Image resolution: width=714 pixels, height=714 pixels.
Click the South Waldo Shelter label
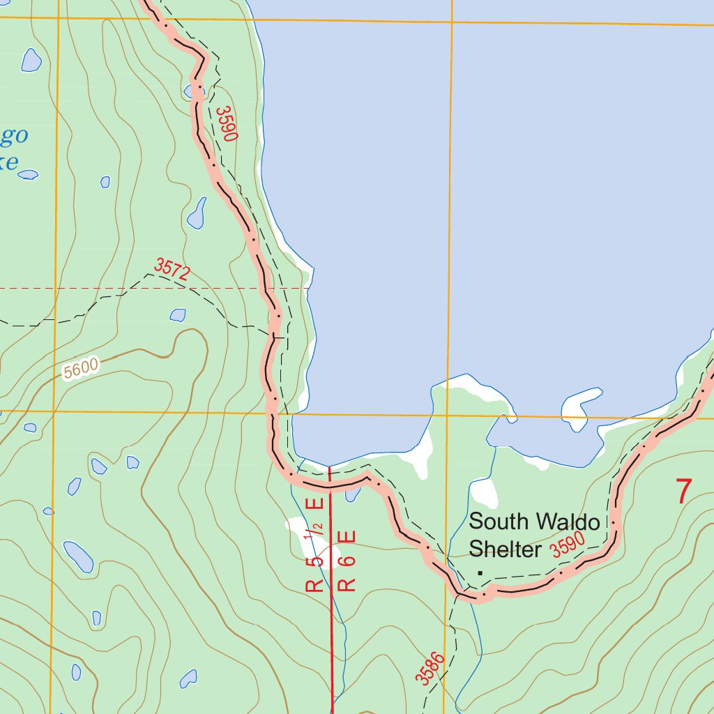point(534,535)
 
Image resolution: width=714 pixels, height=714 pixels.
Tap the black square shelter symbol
point(480,572)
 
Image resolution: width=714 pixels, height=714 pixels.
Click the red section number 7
point(683,492)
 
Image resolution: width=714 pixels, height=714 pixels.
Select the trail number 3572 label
point(172,270)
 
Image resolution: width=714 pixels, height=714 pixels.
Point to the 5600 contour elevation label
point(81,369)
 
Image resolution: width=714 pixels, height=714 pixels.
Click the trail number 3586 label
point(430,669)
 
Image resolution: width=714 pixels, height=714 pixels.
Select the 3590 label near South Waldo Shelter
point(567,547)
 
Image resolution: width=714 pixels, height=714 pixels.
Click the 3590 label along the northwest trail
point(227,123)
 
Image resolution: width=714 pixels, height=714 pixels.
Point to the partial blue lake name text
point(15,148)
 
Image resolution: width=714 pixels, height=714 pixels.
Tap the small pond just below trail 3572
point(178,315)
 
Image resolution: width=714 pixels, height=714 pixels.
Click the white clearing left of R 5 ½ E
point(296,528)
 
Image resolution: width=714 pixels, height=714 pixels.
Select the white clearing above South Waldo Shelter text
point(484,494)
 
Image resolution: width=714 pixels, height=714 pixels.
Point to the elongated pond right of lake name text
point(197,213)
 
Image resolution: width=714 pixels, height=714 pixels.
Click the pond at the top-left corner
point(31,60)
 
